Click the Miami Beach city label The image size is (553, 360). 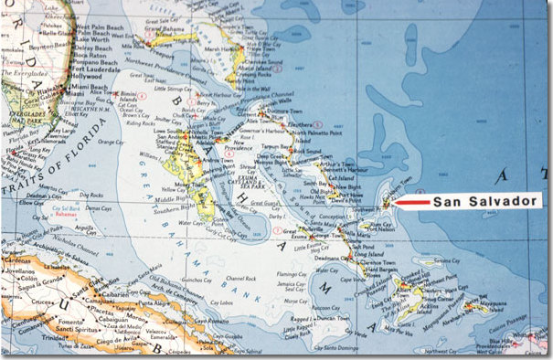click(90, 86)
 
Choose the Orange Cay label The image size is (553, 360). click(111, 142)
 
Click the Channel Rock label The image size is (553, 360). click(239, 278)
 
